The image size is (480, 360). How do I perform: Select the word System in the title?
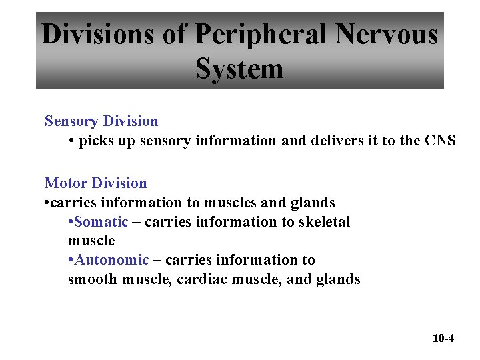pyautogui.click(x=239, y=69)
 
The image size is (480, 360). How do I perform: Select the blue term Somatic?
pyautogui.click(x=101, y=221)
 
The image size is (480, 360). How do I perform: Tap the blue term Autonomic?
pyautogui.click(x=111, y=260)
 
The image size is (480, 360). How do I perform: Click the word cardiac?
pyautogui.click(x=203, y=279)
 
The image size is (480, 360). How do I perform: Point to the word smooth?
pyautogui.click(x=93, y=279)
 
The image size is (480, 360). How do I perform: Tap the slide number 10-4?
pyautogui.click(x=443, y=338)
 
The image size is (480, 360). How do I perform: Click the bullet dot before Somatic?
pyautogui.click(x=71, y=222)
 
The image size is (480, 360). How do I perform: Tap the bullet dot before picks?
pyautogui.click(x=71, y=141)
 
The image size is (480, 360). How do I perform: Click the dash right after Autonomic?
pyautogui.click(x=157, y=260)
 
